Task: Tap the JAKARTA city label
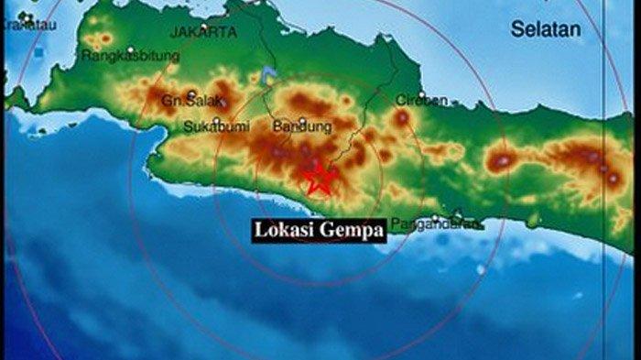[203, 32]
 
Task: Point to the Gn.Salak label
[181, 100]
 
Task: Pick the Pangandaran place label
[434, 224]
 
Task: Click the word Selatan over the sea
[546, 29]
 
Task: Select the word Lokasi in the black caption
[286, 231]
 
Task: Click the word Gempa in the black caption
[352, 232]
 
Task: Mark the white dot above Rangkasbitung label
[131, 49]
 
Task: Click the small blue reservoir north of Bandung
[267, 73]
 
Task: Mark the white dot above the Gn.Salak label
[191, 93]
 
